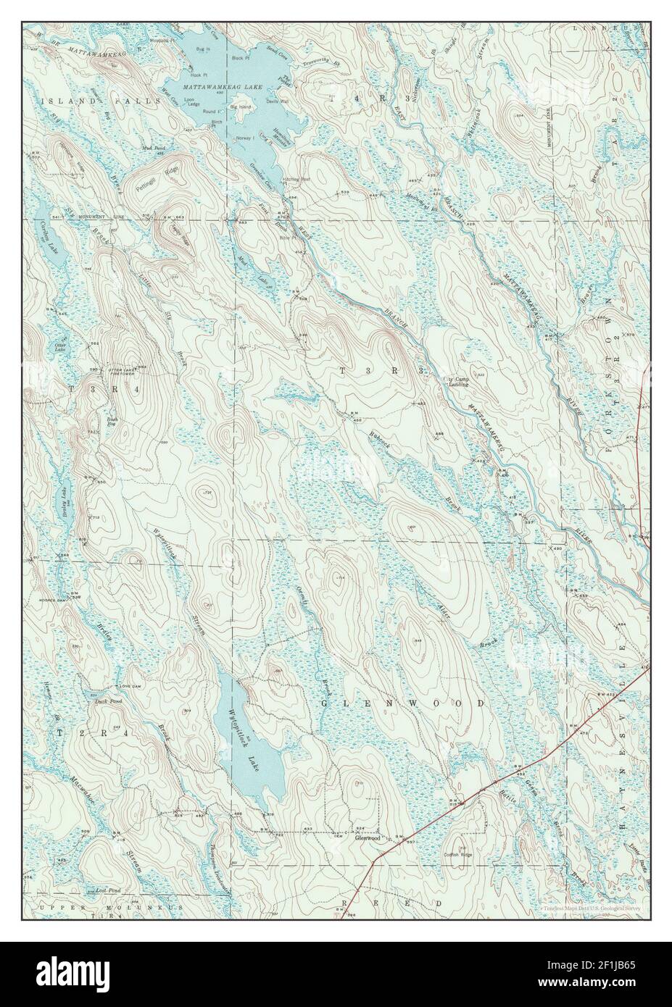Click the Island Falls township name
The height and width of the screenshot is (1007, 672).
101,102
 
